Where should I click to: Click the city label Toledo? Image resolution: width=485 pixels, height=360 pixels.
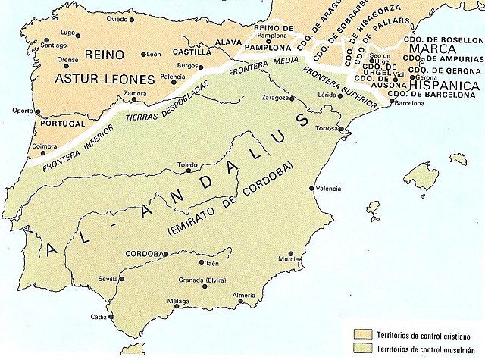[186, 164]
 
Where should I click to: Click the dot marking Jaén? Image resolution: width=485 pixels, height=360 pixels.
[202, 262]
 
